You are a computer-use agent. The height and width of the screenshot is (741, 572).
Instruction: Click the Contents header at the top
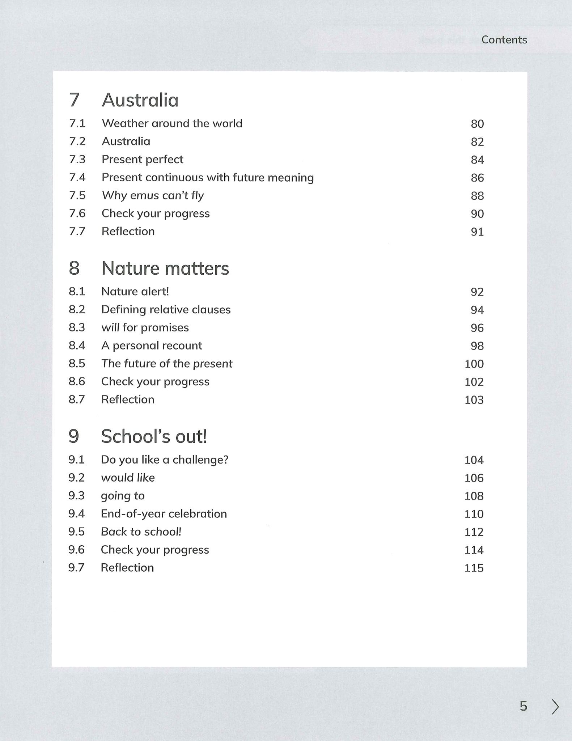coord(504,39)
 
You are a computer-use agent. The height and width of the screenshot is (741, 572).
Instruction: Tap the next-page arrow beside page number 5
coord(555,707)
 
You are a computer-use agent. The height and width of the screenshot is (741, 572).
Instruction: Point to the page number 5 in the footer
coord(523,706)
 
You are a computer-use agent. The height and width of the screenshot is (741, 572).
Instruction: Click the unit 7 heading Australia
coord(140,100)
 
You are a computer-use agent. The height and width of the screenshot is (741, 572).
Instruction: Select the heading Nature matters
coord(165,268)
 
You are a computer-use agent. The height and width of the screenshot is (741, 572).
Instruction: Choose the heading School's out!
coord(154,436)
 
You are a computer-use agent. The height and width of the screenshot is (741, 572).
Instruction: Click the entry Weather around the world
coord(172,123)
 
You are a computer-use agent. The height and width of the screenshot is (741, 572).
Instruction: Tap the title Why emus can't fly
coord(153,196)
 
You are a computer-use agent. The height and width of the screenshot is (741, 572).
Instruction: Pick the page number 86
coord(477,178)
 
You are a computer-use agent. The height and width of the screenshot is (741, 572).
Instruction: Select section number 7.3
coord(77,159)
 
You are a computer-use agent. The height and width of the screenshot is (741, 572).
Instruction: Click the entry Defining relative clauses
coord(166,310)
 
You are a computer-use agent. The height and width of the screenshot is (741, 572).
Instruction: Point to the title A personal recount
coord(151,346)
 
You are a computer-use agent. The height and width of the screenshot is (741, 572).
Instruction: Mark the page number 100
coord(474,364)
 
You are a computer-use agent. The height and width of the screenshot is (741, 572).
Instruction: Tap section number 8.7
coord(77,399)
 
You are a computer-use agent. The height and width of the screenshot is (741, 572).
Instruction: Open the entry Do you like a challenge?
coord(165,460)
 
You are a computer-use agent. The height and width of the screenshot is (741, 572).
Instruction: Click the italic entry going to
coord(123,496)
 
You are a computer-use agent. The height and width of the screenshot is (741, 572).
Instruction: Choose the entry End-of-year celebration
coord(164,514)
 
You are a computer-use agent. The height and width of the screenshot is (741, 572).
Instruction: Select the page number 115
coord(474,568)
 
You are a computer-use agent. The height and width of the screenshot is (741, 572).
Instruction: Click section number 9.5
coord(76,532)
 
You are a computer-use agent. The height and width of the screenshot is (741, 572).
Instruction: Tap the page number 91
coord(477,232)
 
